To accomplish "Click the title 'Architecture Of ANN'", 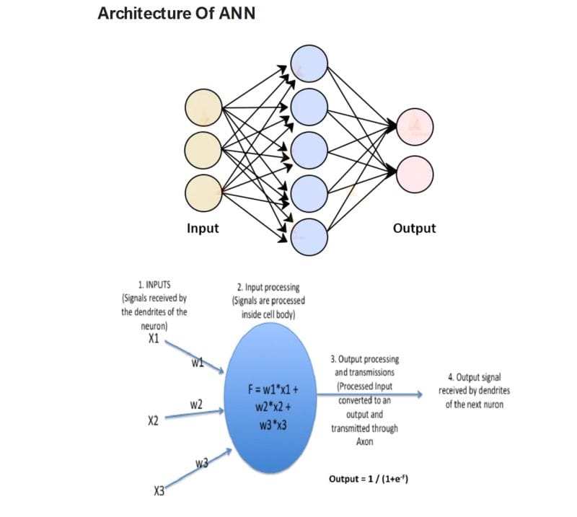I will tap(176, 14).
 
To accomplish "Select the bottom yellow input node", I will tap(202, 193).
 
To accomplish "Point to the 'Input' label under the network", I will tap(203, 229).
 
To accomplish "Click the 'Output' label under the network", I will tap(414, 229).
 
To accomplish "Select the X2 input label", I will tap(153, 420).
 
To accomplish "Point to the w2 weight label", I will tap(196, 405).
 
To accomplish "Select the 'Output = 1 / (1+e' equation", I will tap(369, 479).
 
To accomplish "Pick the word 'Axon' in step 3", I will tap(364, 441).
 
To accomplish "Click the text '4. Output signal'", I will tap(474, 377).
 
